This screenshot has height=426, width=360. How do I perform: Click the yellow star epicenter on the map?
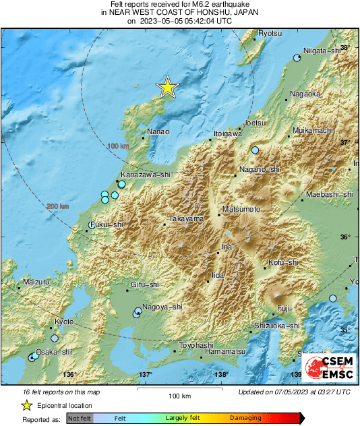[x=167, y=87]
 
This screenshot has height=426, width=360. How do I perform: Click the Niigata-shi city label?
[x=324, y=50]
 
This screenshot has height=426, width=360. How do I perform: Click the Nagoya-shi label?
[x=162, y=307]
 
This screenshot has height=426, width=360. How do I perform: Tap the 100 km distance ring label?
[x=117, y=146]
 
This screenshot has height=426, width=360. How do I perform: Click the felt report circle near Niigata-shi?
[x=297, y=59]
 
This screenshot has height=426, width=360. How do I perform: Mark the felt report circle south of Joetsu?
[x=255, y=150]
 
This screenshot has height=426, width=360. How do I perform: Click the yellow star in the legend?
[x=26, y=405]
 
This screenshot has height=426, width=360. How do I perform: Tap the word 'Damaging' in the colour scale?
[x=245, y=419]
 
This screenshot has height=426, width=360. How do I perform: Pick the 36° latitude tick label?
[x=344, y=237]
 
